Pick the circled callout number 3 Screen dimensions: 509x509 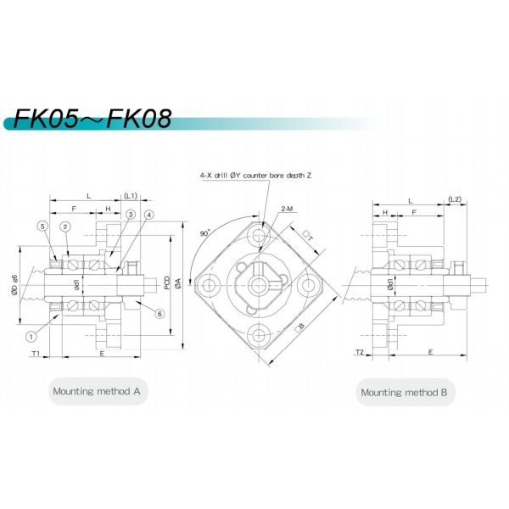click(131, 215)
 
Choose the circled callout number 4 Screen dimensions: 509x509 click(148, 215)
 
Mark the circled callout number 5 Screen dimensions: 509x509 click(42, 225)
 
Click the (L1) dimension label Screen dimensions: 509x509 click(131, 195)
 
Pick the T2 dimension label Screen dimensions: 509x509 click(359, 350)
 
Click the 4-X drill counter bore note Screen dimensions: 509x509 click(256, 175)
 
